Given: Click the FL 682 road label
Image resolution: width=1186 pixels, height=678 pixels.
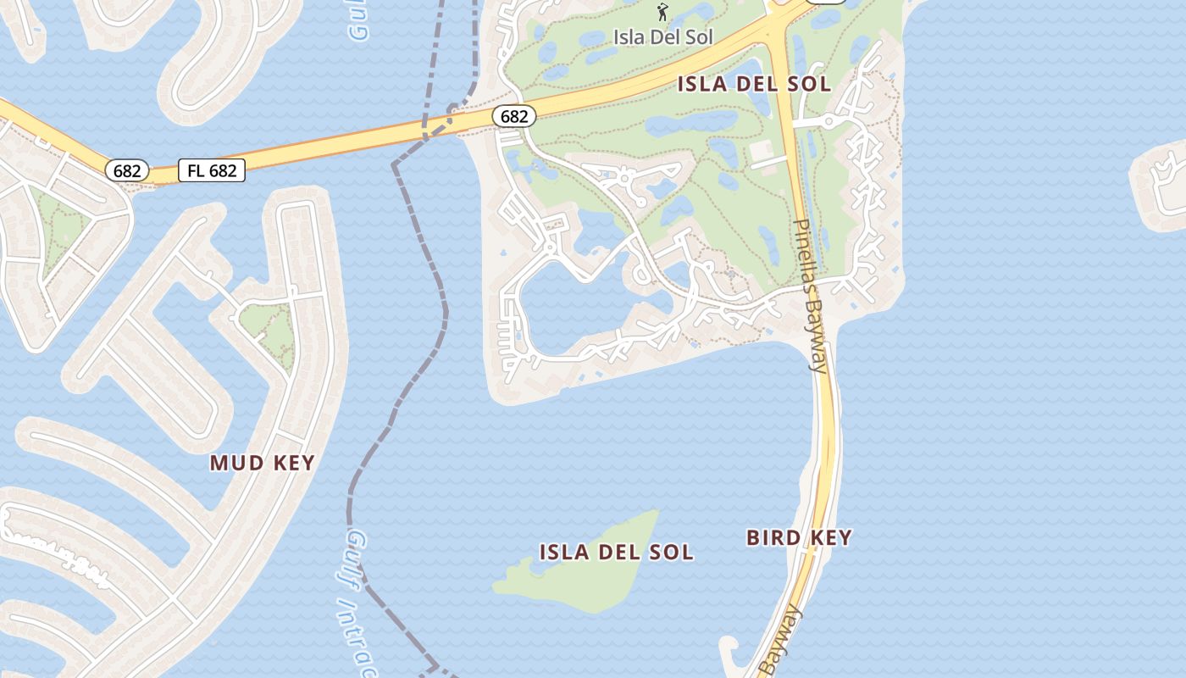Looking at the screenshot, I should [212, 170].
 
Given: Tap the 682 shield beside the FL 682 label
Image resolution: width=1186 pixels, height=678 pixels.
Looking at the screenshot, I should [127, 170].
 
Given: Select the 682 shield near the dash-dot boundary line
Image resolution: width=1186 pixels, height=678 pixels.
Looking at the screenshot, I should [513, 116].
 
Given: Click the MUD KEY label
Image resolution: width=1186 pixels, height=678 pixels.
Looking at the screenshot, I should [263, 463].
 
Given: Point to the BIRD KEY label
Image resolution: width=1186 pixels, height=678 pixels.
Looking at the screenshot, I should [799, 537].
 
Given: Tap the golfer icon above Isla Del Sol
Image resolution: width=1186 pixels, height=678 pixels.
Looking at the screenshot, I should [663, 13].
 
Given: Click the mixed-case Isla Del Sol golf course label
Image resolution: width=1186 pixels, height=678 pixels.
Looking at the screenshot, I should [663, 36].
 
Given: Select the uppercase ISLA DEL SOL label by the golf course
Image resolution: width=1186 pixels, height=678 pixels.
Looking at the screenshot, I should [754, 84].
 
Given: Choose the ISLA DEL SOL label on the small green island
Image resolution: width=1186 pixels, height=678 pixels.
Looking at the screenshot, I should [617, 553].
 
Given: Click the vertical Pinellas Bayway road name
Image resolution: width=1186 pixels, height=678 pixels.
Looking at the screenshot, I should [810, 297].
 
